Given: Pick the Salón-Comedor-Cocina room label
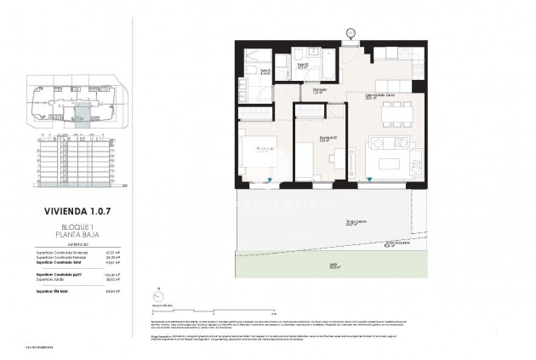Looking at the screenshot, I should pyautogui.click(x=379, y=95).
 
